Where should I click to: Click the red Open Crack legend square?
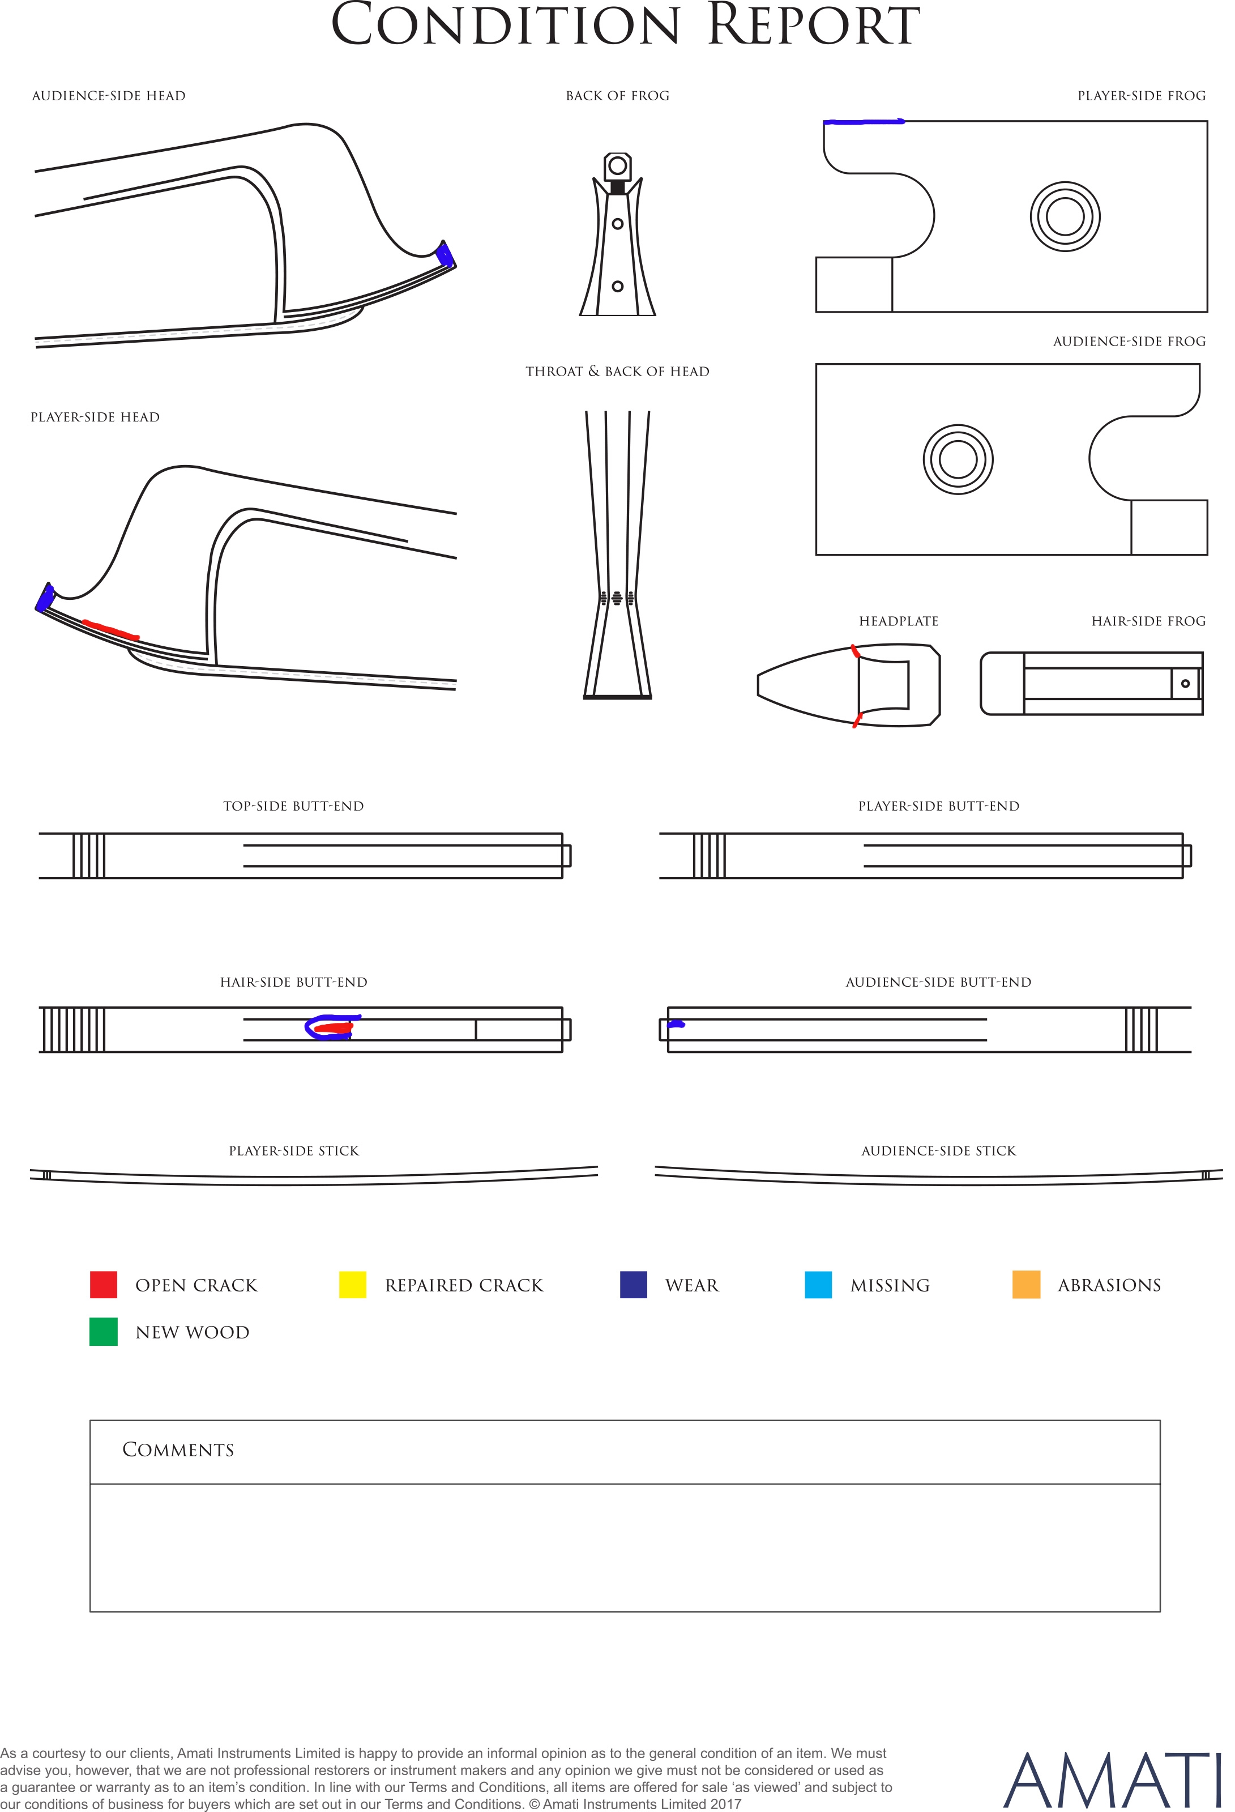pyautogui.click(x=104, y=1285)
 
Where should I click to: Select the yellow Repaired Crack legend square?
pyautogui.click(x=352, y=1285)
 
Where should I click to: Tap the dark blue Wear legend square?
pyautogui.click(x=633, y=1285)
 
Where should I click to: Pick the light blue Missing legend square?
pyautogui.click(x=818, y=1285)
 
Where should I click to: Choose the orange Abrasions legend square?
pyautogui.click(x=1026, y=1285)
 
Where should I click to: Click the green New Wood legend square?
pyautogui.click(x=104, y=1332)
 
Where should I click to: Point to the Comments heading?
pyautogui.click(x=178, y=1450)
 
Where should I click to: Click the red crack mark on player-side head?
pyautogui.click(x=111, y=630)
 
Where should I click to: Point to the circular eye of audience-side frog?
pyautogui.click(x=958, y=459)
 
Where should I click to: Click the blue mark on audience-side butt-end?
pyautogui.click(x=676, y=1024)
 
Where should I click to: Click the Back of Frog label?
pyautogui.click(x=617, y=96)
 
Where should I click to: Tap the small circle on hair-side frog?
pyautogui.click(x=1185, y=684)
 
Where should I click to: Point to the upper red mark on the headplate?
pyautogui.click(x=855, y=651)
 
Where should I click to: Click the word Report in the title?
pyautogui.click(x=813, y=25)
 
